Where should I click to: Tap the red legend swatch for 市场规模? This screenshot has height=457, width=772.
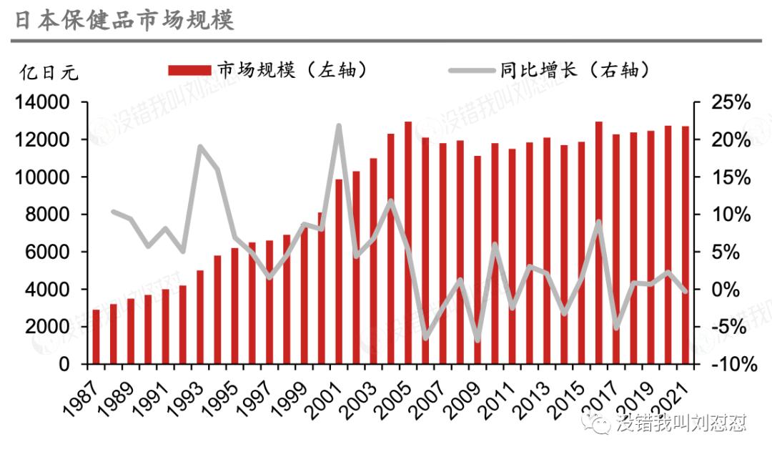pyautogui.click(x=189, y=70)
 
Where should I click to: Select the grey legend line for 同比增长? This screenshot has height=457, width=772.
pyautogui.click(x=471, y=70)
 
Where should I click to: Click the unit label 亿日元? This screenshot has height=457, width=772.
pyautogui.click(x=49, y=72)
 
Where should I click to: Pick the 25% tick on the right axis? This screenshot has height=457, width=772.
pyautogui.click(x=731, y=103)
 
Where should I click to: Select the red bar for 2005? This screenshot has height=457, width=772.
pyautogui.click(x=408, y=243)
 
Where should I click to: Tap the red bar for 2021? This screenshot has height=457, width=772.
pyautogui.click(x=685, y=245)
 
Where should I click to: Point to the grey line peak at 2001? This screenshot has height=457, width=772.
pyautogui.click(x=338, y=126)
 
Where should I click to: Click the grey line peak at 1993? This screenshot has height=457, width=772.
pyautogui.click(x=200, y=147)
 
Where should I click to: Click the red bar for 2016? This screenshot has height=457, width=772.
pyautogui.click(x=598, y=243)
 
